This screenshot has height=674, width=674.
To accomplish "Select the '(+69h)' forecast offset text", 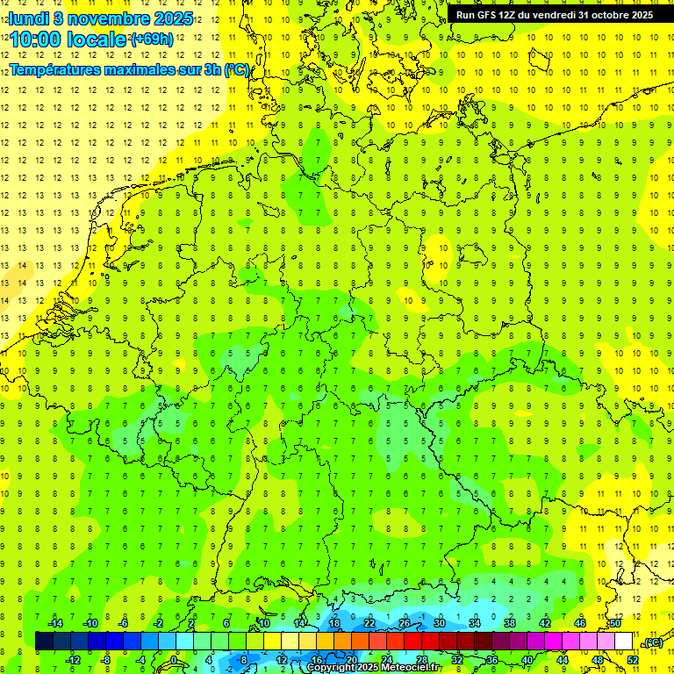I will (152, 39).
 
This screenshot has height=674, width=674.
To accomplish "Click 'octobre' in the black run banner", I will (602, 15).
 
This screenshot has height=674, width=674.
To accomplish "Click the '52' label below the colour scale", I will (633, 659).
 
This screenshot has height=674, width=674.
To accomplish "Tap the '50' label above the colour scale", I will (615, 623).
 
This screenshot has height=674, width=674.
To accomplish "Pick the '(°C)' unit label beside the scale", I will (653, 642).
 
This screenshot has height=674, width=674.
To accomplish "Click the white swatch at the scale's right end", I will (624, 642).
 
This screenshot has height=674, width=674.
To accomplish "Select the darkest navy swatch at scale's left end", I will (45, 642).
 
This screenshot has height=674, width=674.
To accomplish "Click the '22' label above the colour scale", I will (369, 623).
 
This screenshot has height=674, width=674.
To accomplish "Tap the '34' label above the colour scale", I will (475, 623).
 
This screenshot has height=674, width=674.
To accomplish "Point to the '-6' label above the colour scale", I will (124, 623).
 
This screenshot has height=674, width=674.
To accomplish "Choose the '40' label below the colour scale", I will (527, 659).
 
